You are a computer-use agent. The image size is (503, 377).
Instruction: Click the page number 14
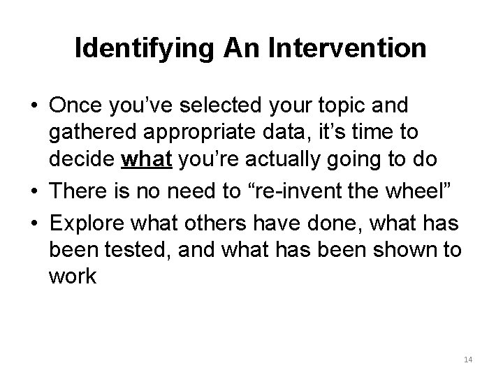(468, 360)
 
